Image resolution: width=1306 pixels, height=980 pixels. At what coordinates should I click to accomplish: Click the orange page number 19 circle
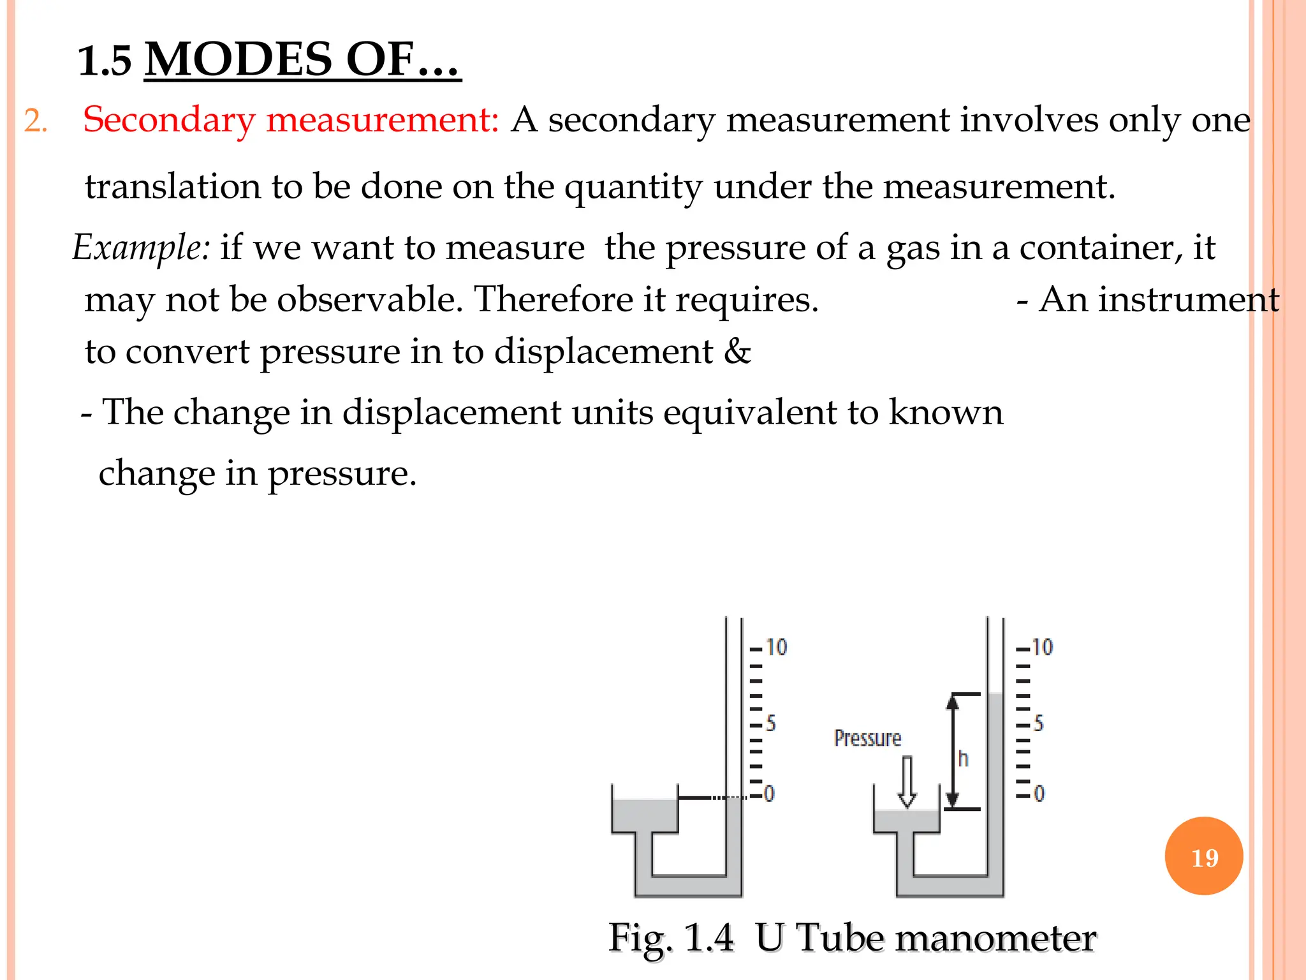tap(1203, 856)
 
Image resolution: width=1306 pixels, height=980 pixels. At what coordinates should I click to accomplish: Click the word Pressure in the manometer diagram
tap(867, 738)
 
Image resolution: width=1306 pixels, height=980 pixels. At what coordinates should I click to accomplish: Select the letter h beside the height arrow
tap(963, 759)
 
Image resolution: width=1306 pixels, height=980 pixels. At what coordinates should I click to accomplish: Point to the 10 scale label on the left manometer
tap(776, 647)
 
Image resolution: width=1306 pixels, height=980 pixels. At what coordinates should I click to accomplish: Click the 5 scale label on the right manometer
tap(1038, 723)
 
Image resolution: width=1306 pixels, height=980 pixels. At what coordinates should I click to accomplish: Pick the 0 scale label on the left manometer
tap(769, 794)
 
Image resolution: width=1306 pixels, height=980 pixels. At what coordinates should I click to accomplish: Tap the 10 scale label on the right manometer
tap(1042, 647)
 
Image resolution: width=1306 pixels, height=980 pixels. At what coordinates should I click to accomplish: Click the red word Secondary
tap(169, 120)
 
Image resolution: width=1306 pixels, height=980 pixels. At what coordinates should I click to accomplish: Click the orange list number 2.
tap(35, 121)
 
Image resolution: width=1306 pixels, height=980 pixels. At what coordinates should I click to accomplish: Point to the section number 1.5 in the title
tap(105, 61)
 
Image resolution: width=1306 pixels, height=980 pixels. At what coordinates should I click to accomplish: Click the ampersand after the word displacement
tap(738, 352)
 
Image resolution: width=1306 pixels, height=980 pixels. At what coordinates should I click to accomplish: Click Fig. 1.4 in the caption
tap(671, 938)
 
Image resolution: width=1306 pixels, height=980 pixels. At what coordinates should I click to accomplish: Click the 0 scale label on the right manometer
tap(1039, 794)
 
